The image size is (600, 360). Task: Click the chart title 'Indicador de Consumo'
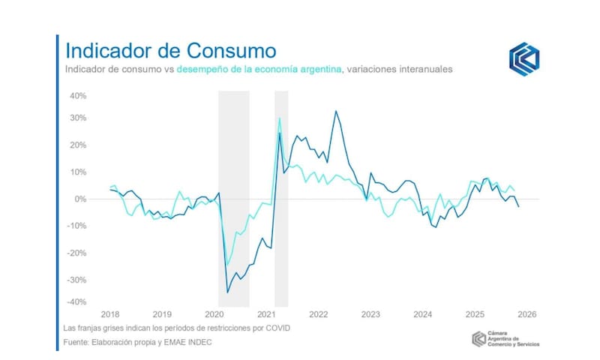point(170,51)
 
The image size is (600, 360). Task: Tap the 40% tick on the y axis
point(79,96)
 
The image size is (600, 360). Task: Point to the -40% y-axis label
point(77,301)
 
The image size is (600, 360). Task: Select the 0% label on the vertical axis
point(81,199)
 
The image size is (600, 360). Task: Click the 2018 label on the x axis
point(110,314)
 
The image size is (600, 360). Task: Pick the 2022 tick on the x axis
point(318,314)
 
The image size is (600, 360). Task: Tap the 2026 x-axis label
point(526,314)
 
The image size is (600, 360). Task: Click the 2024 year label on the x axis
point(422,314)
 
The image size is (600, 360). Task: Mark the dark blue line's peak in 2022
point(335,111)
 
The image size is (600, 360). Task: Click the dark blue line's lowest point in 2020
point(228,292)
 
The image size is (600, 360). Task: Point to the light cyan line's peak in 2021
point(280,118)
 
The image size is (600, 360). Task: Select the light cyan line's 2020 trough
point(227,264)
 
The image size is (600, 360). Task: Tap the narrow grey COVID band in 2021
point(281,225)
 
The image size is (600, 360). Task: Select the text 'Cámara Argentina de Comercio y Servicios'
point(513,340)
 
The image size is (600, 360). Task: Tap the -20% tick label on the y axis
point(77,253)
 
